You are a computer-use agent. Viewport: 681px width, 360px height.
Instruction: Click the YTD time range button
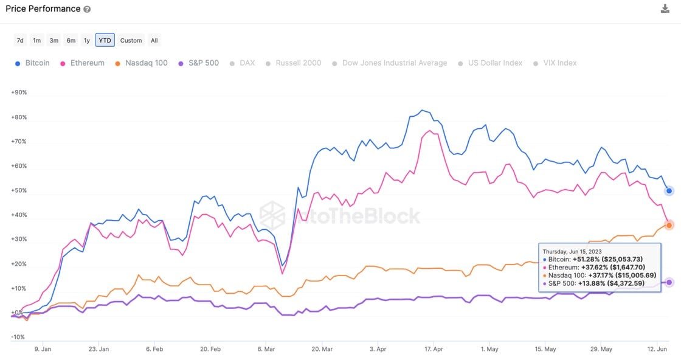coord(105,40)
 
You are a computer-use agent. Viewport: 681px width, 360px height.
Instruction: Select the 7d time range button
coord(20,40)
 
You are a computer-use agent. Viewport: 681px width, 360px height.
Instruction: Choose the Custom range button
coord(131,40)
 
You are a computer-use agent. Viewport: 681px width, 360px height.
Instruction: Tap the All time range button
coord(154,40)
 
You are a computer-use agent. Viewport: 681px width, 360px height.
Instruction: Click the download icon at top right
coord(665,9)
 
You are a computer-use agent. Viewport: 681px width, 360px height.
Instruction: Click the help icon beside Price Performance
coord(87,9)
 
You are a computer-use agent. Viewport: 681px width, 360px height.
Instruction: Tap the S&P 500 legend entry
coord(198,63)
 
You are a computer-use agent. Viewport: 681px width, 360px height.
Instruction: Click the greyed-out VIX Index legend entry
coord(555,63)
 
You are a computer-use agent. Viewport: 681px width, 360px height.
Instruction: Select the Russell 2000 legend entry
coord(293,63)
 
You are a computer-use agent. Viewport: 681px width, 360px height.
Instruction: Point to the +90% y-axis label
coord(19,92)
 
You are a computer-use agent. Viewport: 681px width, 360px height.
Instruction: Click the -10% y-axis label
coord(18,337)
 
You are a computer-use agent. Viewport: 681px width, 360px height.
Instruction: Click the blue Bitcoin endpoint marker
coord(669,191)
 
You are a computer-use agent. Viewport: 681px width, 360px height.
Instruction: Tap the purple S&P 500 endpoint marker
coord(669,282)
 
